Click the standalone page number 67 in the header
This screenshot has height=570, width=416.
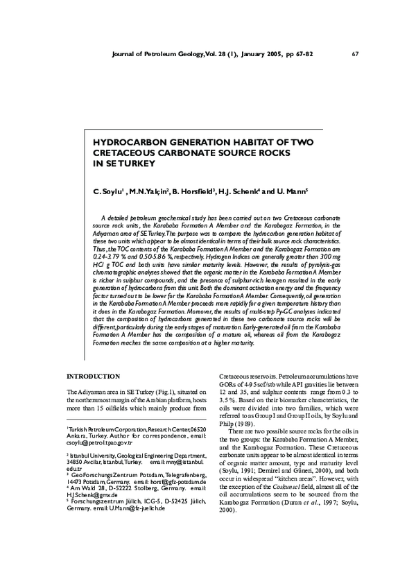pos(355,54)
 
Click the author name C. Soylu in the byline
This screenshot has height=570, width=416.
pos(107,189)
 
